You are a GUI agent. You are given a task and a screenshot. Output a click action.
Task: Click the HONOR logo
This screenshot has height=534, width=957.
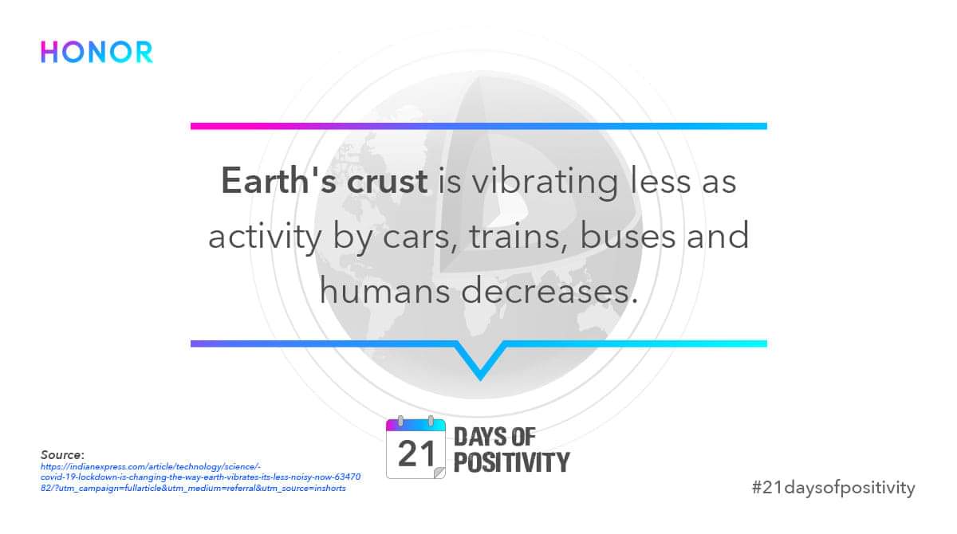coord(96,52)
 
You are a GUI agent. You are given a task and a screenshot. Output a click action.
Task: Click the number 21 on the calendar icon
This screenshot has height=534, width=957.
coord(416,454)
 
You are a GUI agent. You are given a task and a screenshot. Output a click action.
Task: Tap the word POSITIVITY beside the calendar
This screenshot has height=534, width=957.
coord(511,462)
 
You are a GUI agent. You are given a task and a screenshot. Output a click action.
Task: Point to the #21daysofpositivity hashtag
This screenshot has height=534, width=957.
coord(833,487)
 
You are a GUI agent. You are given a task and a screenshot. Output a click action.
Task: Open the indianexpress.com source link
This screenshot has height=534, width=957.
coord(199,477)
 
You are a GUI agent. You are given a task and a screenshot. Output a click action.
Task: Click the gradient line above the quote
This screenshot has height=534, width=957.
coord(478,126)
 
